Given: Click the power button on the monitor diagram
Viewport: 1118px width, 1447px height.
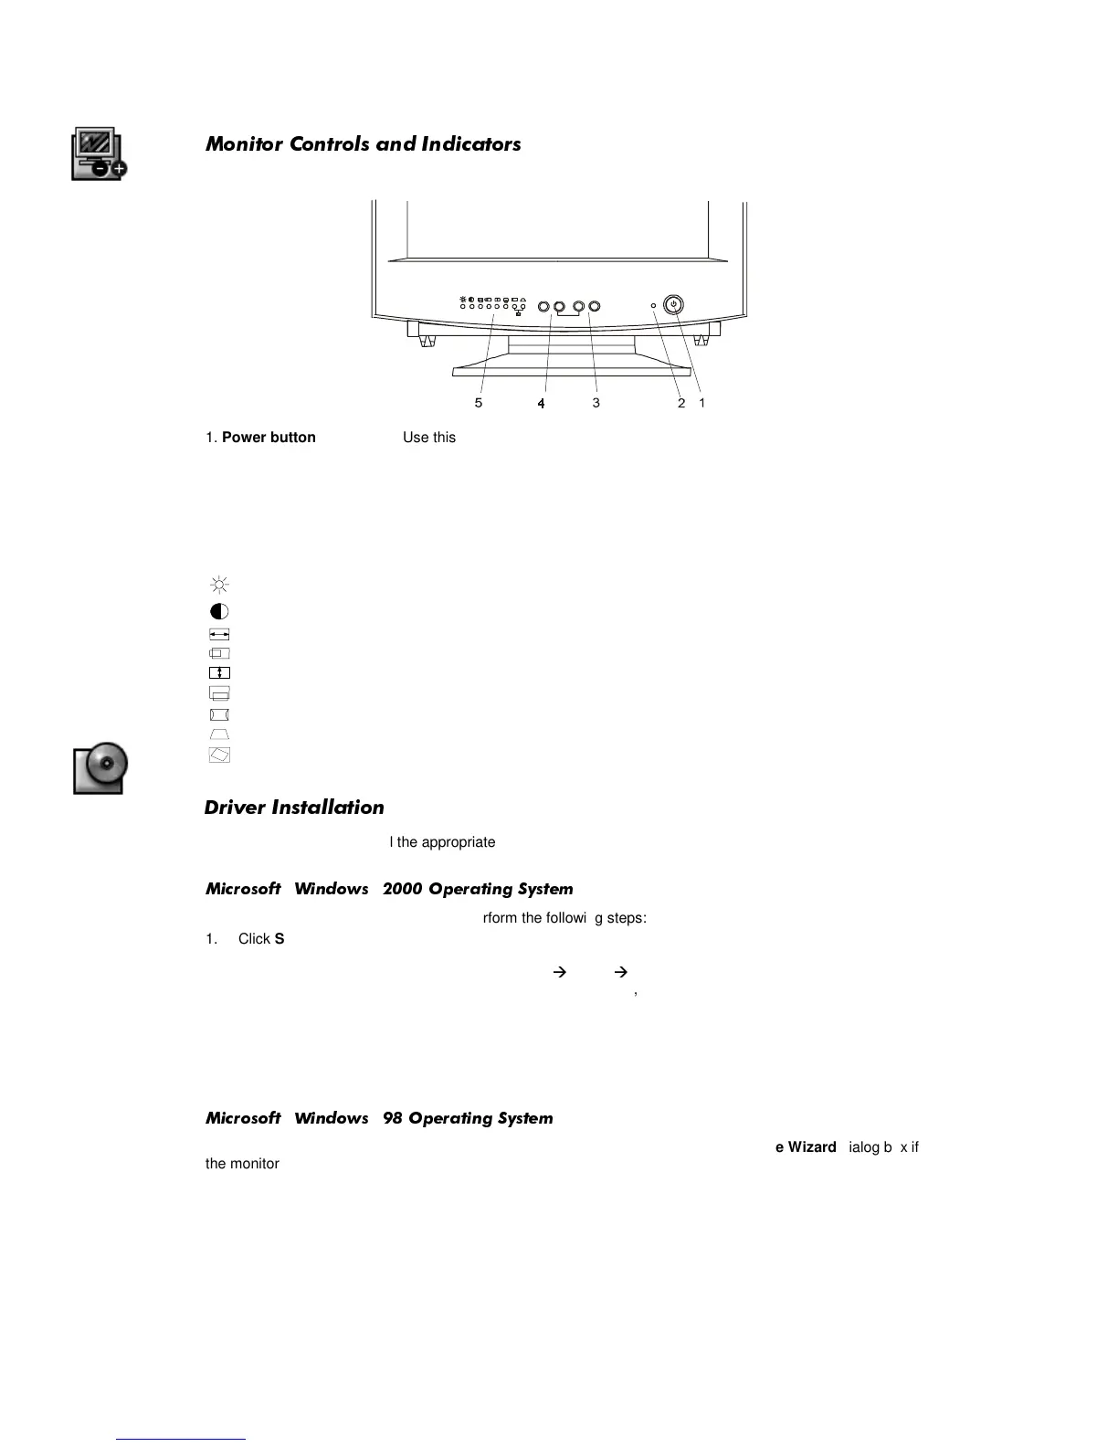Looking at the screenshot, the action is pyautogui.click(x=673, y=305).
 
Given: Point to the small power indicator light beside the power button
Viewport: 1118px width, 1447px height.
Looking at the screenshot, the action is pyautogui.click(x=653, y=305).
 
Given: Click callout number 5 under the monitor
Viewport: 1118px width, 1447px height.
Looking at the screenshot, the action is pyautogui.click(x=479, y=403).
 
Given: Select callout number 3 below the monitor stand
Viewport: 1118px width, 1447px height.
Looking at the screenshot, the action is pyautogui.click(x=596, y=403).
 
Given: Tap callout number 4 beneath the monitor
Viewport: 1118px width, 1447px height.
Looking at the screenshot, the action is pyautogui.click(x=542, y=403).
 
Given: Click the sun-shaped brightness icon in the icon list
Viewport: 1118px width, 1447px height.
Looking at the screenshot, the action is pyautogui.click(x=219, y=585).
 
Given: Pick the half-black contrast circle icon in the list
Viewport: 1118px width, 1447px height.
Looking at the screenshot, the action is pyautogui.click(x=219, y=611).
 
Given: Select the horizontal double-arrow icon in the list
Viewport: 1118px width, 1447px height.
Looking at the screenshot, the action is pyautogui.click(x=219, y=634).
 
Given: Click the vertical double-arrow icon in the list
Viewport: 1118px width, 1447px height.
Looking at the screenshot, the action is pyautogui.click(x=219, y=673).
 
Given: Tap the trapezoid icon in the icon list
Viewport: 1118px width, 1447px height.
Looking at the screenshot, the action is pyautogui.click(x=219, y=734).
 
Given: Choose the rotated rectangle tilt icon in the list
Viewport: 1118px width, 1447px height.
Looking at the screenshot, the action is pyautogui.click(x=219, y=755).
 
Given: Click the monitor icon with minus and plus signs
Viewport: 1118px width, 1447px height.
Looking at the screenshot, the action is pyautogui.click(x=99, y=153).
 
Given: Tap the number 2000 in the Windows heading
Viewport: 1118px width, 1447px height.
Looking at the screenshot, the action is pyautogui.click(x=403, y=889).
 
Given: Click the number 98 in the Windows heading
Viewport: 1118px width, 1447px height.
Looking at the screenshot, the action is pyautogui.click(x=393, y=1118).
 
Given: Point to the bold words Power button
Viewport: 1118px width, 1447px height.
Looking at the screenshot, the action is pyautogui.click(x=269, y=438).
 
